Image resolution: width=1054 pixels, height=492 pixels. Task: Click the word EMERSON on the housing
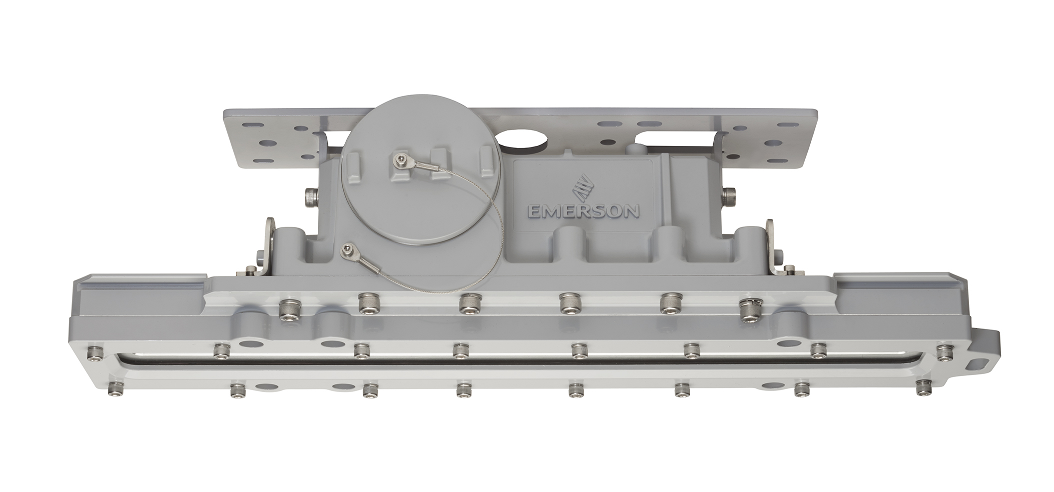coord(583,210)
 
